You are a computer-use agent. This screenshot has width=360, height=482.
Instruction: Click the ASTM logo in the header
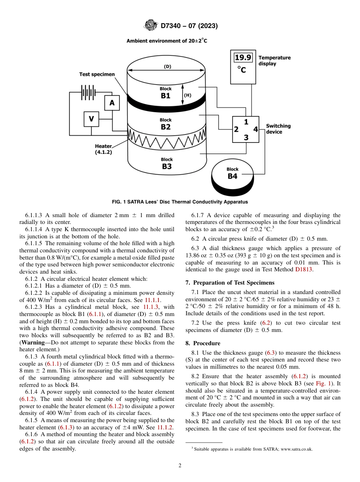point(150,26)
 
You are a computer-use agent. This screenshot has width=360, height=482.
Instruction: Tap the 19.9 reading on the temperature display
point(243,58)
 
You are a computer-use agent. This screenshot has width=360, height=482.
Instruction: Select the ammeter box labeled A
point(112,103)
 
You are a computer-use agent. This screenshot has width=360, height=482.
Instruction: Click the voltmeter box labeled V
point(91,119)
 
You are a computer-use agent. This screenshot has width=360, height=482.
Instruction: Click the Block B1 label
point(166,93)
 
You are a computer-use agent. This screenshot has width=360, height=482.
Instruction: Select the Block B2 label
point(166,124)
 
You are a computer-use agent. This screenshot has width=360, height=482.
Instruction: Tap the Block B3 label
point(167,164)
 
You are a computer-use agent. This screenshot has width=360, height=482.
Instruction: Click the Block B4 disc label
point(232,174)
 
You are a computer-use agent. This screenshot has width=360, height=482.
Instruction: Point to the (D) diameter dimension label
point(167,67)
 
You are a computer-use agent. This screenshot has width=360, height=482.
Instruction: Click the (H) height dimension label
point(187,95)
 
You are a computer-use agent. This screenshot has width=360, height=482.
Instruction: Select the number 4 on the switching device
point(255,130)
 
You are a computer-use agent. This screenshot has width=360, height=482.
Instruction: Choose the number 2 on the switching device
point(236,130)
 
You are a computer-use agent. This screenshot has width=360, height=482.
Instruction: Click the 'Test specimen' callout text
point(97,74)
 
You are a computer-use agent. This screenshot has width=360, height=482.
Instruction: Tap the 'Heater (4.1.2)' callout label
point(103,149)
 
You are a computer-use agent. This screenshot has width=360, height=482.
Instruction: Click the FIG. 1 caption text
point(180,202)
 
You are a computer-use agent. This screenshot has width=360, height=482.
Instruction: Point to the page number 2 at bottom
point(180,466)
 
